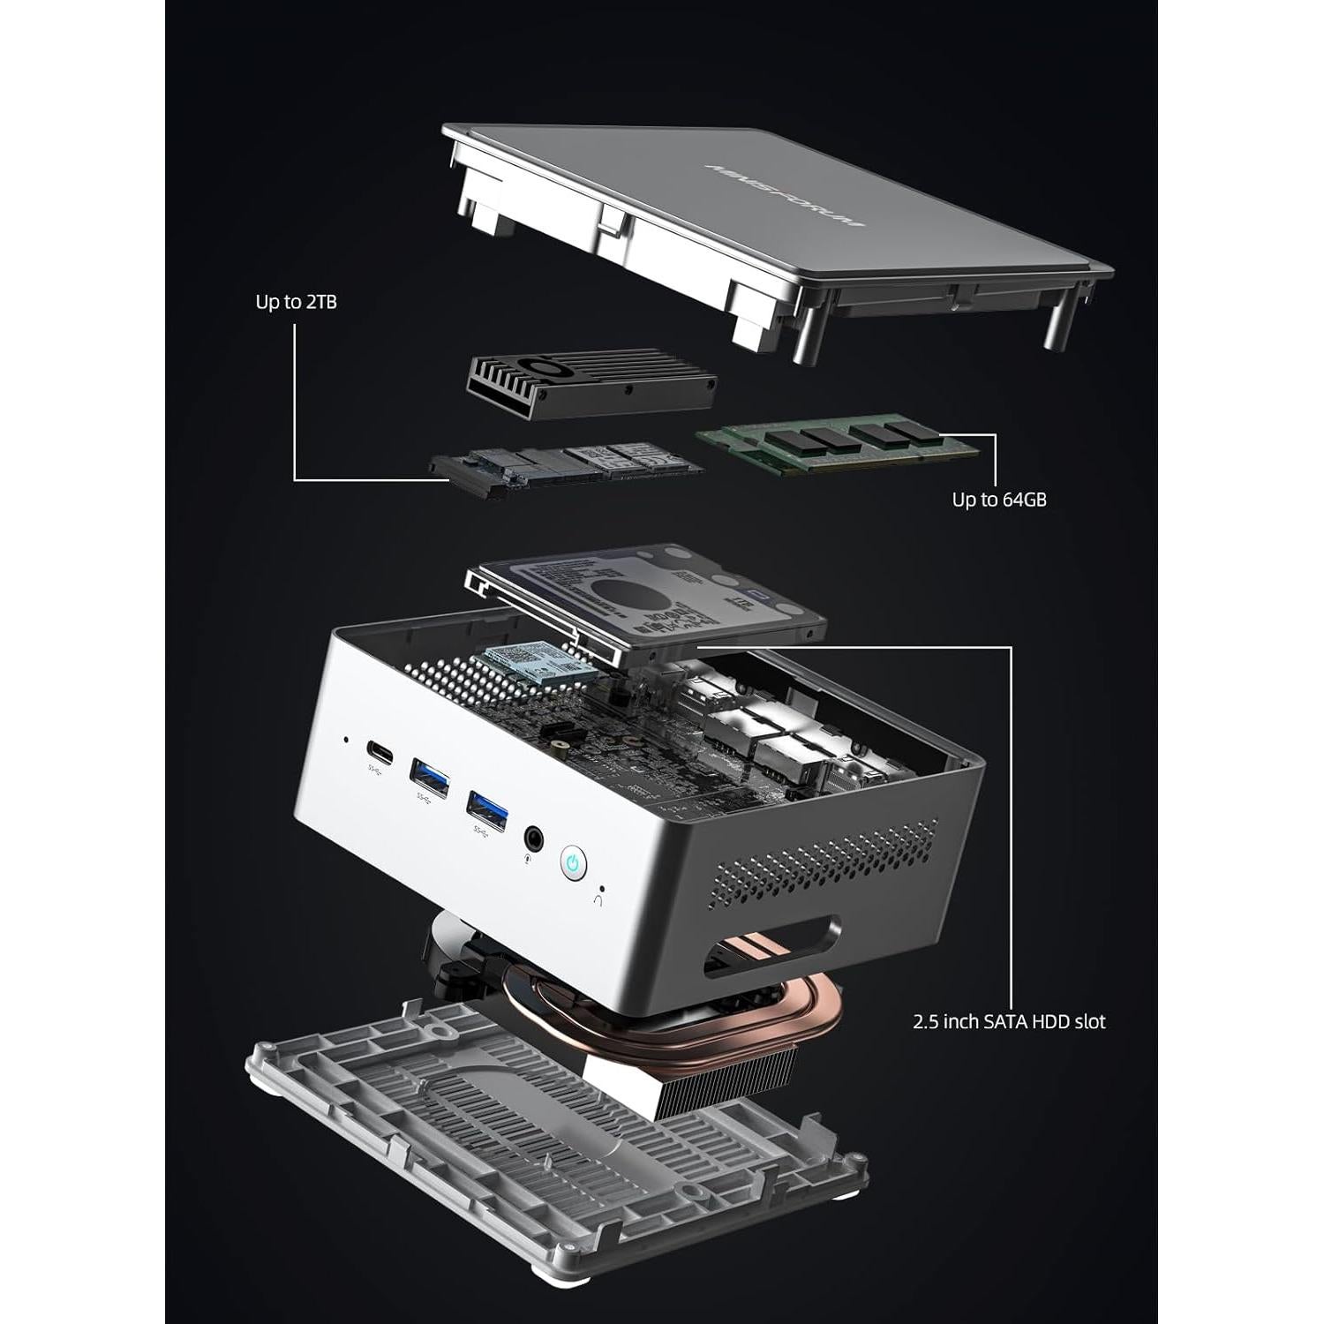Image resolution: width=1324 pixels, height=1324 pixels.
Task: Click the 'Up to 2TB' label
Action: pyautogui.click(x=296, y=302)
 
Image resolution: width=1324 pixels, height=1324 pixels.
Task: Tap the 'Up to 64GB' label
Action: pyautogui.click(x=998, y=500)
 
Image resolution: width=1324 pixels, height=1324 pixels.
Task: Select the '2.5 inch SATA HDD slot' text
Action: pyautogui.click(x=1008, y=1021)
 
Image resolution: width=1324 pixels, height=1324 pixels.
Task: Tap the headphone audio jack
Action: pyautogui.click(x=534, y=835)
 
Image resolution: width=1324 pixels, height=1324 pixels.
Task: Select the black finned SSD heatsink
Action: pyautogui.click(x=590, y=379)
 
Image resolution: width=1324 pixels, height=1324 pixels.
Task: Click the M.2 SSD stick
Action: pyautogui.click(x=565, y=465)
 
